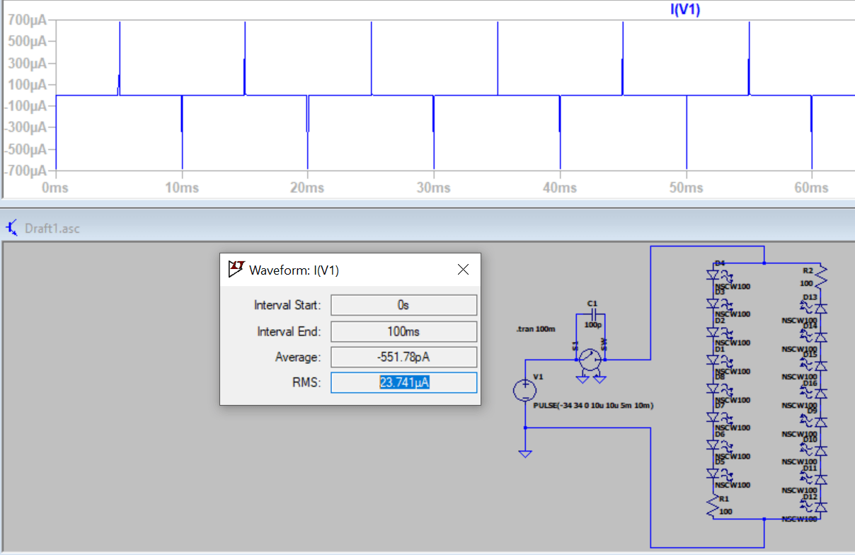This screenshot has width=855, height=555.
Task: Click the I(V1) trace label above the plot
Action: click(684, 10)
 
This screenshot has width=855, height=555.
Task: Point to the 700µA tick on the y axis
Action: click(27, 20)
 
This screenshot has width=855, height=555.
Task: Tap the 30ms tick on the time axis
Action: click(433, 188)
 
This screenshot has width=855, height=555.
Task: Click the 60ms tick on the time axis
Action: click(811, 188)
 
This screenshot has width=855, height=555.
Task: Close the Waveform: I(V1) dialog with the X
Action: click(463, 270)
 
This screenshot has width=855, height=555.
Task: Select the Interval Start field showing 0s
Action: click(403, 305)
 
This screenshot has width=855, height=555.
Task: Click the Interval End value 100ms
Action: click(403, 331)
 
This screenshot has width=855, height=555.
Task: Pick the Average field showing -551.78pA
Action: click(403, 357)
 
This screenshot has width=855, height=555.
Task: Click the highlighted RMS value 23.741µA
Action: click(403, 383)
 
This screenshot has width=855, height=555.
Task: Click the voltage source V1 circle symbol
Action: click(524, 390)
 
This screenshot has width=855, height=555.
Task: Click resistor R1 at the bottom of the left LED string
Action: click(713, 505)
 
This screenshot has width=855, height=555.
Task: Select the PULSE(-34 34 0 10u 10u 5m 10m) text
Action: click(592, 406)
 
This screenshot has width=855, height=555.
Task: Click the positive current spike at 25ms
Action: click(372, 57)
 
